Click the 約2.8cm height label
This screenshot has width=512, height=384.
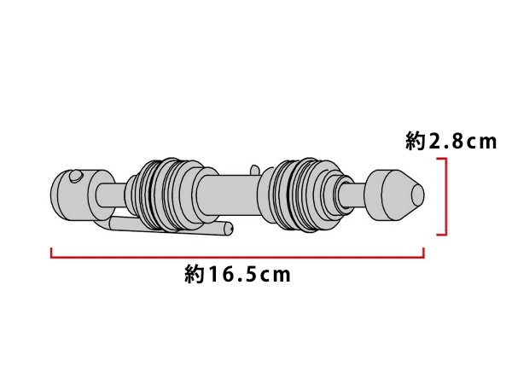(x=451, y=142)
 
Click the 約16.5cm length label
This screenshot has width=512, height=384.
(x=237, y=274)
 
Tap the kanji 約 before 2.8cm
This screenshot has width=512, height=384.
(x=415, y=142)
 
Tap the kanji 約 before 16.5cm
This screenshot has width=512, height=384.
(x=195, y=274)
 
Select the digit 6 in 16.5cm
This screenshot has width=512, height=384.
(x=228, y=275)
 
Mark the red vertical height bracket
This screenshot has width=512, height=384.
(x=445, y=196)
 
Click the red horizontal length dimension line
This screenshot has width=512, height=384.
(x=237, y=258)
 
